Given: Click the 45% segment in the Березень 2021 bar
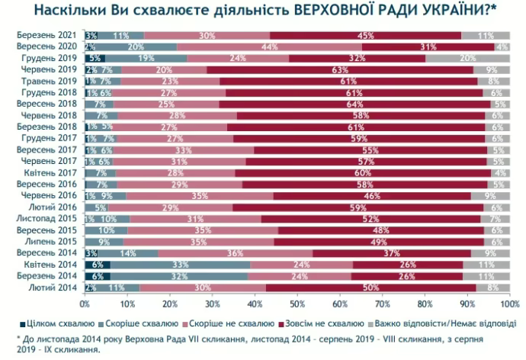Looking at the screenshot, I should (x=366, y=36).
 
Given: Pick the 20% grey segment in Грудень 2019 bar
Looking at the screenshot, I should (x=467, y=58).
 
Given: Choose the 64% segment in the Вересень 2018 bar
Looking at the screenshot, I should (x=352, y=102).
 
